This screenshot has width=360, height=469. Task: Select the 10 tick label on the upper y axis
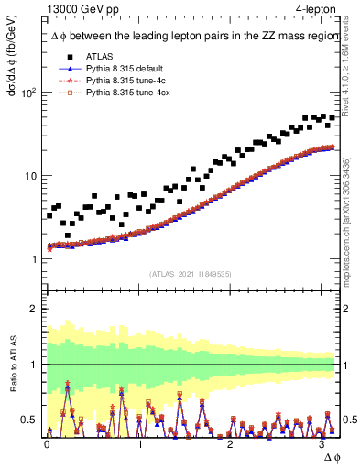pos(29,176)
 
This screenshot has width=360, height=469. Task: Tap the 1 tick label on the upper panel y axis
pos(34,259)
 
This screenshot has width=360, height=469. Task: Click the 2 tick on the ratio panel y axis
pos(34,309)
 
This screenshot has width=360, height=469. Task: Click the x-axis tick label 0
pos(47,443)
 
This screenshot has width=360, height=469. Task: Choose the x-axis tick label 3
pos(321,443)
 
